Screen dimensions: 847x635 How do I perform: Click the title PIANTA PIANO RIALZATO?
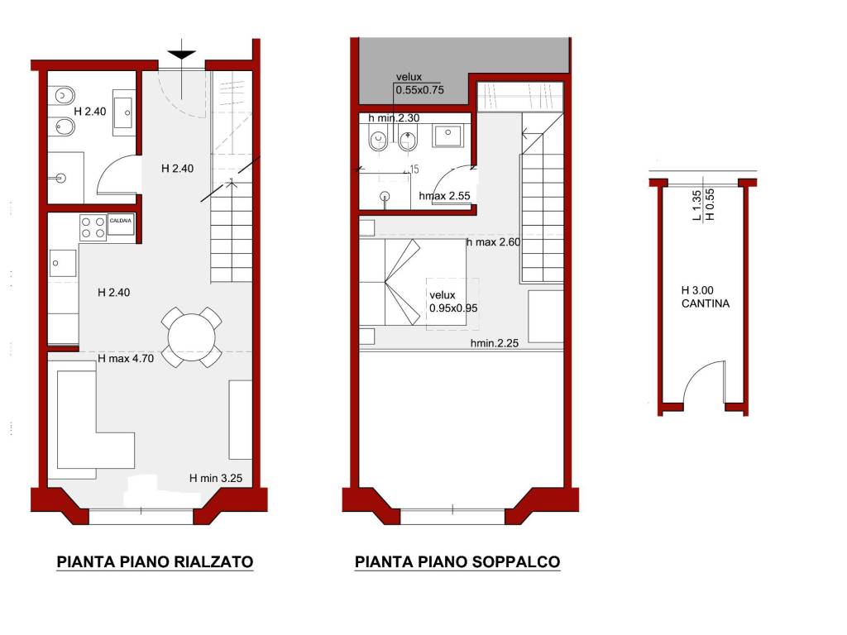click(155, 561)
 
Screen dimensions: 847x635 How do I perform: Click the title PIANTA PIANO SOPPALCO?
click(457, 561)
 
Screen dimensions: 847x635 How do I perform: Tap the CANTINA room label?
click(706, 303)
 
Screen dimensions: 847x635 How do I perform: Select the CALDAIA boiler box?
click(121, 225)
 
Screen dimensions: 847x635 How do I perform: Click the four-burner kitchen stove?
click(93, 227)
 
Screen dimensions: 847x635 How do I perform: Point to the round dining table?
click(192, 337)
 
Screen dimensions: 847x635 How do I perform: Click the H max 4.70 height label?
click(126, 358)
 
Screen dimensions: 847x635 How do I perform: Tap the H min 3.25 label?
click(216, 478)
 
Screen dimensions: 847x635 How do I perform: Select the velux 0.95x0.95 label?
click(453, 302)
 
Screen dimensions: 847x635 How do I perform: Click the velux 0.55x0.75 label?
click(419, 84)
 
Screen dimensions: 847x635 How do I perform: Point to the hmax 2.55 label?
click(444, 196)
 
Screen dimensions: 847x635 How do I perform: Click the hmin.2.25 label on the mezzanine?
click(495, 343)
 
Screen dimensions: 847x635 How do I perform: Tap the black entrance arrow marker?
click(181, 54)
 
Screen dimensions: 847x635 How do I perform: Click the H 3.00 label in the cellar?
click(697, 290)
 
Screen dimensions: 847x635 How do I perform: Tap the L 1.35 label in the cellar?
click(696, 206)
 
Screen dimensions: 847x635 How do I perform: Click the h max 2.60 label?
click(493, 242)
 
